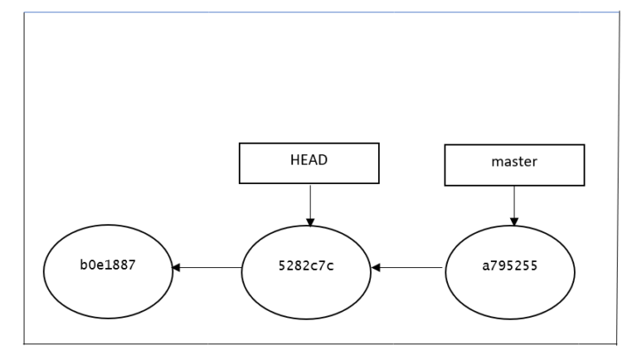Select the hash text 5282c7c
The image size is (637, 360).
click(306, 268)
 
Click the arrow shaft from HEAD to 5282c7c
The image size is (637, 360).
click(309, 201)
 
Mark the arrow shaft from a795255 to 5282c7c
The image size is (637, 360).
click(411, 268)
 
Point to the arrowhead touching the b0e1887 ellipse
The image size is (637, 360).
click(176, 268)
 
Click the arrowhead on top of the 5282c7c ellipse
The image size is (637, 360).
click(309, 221)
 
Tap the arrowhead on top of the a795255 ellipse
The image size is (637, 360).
click(514, 221)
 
